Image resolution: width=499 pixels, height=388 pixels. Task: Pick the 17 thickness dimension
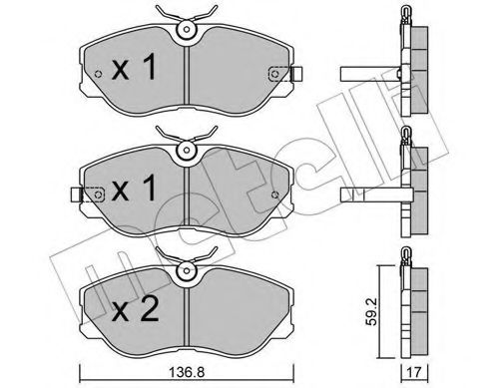tap(414, 374)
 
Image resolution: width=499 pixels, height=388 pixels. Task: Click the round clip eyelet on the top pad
tap(185, 31)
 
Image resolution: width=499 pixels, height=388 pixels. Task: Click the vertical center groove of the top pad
tap(186, 75)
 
